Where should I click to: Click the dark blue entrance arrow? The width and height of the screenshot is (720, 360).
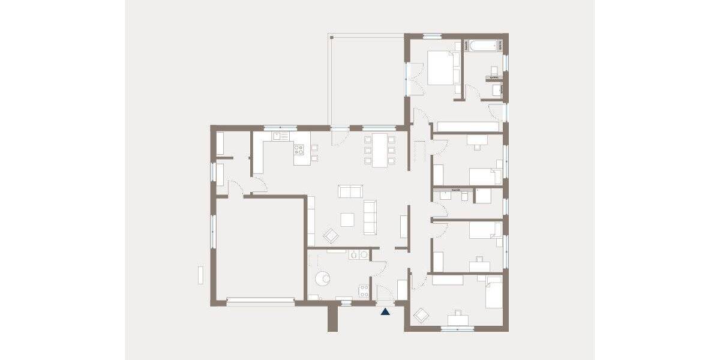[385, 311]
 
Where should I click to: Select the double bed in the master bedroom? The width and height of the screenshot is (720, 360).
[441, 67]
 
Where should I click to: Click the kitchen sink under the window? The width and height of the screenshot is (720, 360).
[280, 136]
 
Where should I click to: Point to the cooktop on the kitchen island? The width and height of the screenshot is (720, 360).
[299, 150]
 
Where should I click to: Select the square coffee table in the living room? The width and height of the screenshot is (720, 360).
[347, 220]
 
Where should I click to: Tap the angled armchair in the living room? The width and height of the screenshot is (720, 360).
[331, 235]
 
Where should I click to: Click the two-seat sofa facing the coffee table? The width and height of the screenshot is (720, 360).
[350, 191]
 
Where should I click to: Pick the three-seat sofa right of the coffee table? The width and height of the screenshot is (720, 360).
[370, 217]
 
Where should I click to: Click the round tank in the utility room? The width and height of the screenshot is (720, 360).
[323, 278]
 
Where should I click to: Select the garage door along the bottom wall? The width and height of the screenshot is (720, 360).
[260, 299]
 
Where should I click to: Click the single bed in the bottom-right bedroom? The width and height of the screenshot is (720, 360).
[493, 292]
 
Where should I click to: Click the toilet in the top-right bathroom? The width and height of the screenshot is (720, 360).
[496, 89]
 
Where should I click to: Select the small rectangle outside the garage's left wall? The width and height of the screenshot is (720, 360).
[201, 274]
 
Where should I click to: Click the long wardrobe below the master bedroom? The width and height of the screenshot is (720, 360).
[467, 127]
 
